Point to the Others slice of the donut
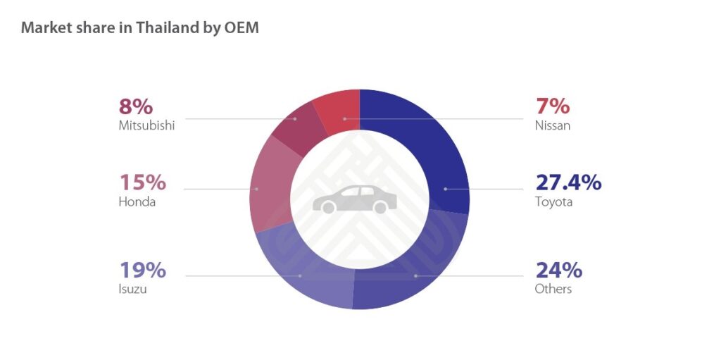coord(415,271)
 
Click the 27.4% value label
coord(568,182)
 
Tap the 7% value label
coord(553,106)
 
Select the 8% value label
coord(135,106)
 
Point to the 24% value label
coord(558,270)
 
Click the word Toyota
coord(554,202)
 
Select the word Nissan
coord(553,126)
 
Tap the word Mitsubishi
coord(146,126)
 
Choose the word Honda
coord(137,202)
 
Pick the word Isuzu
coord(132,289)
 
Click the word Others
coord(553,289)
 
